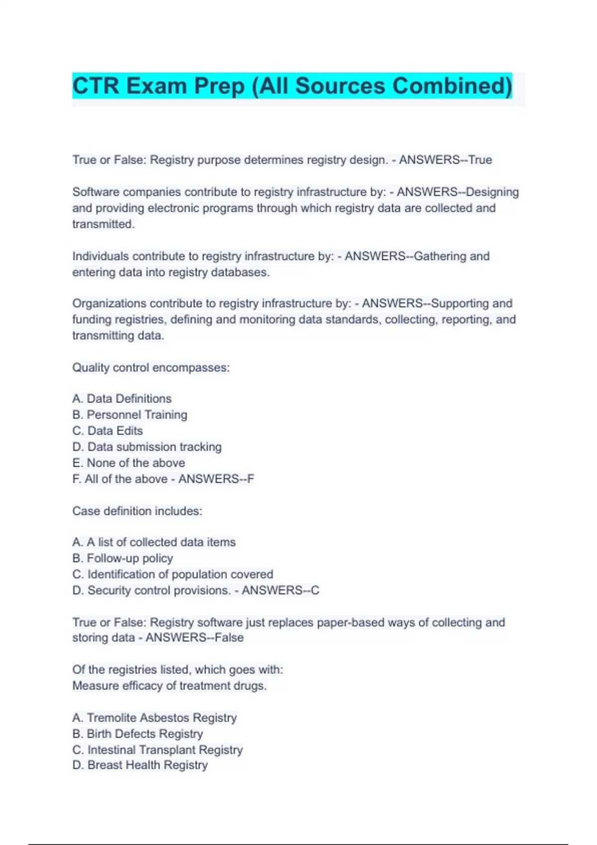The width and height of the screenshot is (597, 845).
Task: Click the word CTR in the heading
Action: point(96,86)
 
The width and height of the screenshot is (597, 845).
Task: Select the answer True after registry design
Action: point(480,160)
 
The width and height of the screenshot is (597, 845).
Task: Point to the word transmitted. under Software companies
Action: point(103,224)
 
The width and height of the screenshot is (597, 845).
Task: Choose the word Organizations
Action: point(109,303)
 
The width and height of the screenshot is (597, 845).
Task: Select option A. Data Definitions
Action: point(122,399)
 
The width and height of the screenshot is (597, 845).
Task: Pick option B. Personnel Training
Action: point(130,415)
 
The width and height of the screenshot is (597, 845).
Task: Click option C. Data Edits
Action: point(107,430)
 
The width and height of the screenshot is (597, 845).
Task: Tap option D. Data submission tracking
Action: point(147,447)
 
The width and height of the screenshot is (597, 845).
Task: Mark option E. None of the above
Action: point(128,463)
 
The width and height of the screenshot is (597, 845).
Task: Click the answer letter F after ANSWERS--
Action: point(251,479)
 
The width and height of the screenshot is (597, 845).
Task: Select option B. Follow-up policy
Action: point(122,558)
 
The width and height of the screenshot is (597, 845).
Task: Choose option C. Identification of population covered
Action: point(173,574)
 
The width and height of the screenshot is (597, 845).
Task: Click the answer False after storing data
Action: point(229,638)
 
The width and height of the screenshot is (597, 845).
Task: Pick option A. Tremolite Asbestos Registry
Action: point(154,718)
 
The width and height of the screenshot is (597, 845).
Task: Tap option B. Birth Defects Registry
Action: point(137,734)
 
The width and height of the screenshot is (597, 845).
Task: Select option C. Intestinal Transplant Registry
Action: point(157,750)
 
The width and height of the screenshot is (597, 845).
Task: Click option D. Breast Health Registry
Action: point(140,765)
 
